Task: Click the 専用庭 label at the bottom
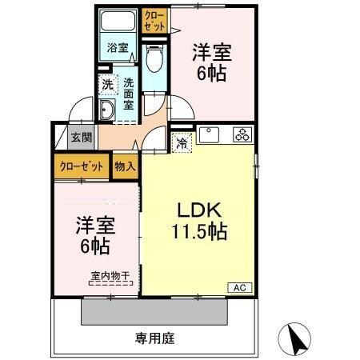pos(153,338)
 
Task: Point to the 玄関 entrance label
pos(80,137)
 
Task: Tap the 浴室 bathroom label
pos(118,47)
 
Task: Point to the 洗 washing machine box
pos(107,82)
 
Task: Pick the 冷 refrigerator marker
pos(182,144)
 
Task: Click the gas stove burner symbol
pos(242,134)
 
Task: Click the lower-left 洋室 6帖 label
pos(93,234)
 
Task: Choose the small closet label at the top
pos(155,21)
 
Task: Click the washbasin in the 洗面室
pos(107,110)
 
